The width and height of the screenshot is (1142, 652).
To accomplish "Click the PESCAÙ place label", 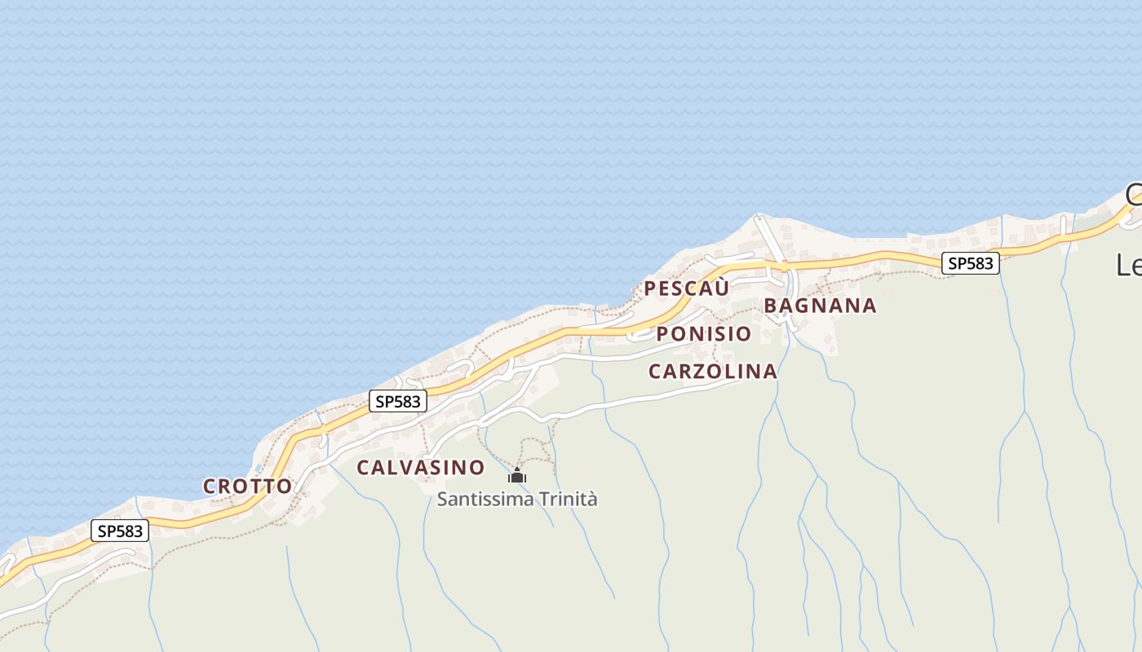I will point(687,289).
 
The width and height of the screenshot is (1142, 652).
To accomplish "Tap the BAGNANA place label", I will point(820,306).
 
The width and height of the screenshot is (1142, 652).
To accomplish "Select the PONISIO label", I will point(703,333).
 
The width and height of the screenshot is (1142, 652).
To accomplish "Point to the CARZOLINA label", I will point(712,372).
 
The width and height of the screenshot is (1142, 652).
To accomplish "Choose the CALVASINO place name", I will point(421,468).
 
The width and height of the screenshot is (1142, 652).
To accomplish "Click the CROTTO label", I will point(247,487).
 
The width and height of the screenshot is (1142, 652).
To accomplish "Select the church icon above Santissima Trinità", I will point(517,475).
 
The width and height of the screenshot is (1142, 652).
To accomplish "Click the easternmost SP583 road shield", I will point(970,263).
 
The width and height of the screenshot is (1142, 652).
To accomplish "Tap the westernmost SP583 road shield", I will point(119,531).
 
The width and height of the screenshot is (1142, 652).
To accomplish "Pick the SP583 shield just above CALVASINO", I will point(398,401).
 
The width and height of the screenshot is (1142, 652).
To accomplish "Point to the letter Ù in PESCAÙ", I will point(722,288).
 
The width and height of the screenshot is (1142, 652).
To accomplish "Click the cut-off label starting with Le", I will point(1130,265).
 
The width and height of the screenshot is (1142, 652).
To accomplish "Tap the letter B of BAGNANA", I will point(771,306).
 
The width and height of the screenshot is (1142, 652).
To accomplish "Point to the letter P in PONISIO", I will point(662,333).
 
